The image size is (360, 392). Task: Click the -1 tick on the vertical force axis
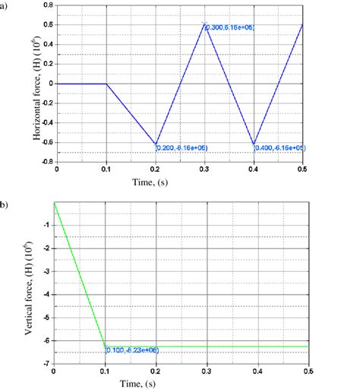pyautogui.click(x=47, y=226)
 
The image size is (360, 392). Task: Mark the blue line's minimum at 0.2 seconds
pyautogui.click(x=156, y=144)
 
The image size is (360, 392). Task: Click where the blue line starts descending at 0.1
pyautogui.click(x=106, y=84)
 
